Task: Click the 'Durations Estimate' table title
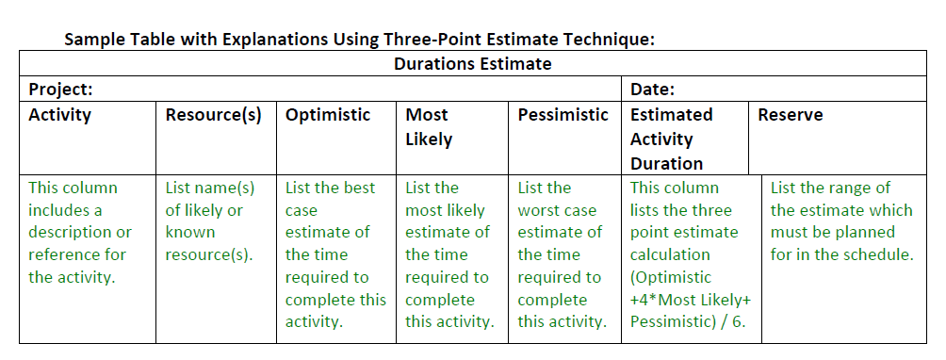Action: [x=472, y=64]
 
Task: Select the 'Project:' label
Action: [x=59, y=90]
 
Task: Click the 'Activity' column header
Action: [x=59, y=115]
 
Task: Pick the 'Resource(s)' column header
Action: [x=213, y=115]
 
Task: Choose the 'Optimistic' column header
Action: [x=327, y=115]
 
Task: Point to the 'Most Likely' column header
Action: [x=429, y=126]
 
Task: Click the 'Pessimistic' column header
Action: [x=563, y=115]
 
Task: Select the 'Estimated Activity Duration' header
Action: [x=671, y=139]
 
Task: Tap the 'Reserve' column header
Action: [x=790, y=115]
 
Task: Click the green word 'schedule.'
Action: [x=881, y=254]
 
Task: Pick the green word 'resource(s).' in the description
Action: [x=208, y=254]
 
